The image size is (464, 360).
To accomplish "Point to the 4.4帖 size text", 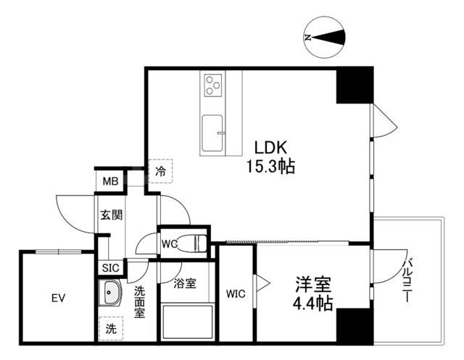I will point(312,303).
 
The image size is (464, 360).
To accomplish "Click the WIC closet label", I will point(236,294).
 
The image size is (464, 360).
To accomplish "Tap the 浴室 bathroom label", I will point(185,284).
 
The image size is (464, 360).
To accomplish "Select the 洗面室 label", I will point(140,302).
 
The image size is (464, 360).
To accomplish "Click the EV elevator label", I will point(58,298).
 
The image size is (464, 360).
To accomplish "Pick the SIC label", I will point(110,268).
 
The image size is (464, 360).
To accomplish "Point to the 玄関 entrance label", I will point(111,214).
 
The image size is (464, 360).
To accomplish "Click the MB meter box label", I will point(109,181).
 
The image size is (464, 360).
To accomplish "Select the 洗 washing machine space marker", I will point(110,328).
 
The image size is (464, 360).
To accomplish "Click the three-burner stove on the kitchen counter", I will point(213,85).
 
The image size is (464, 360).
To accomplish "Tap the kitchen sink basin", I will point(213,130).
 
